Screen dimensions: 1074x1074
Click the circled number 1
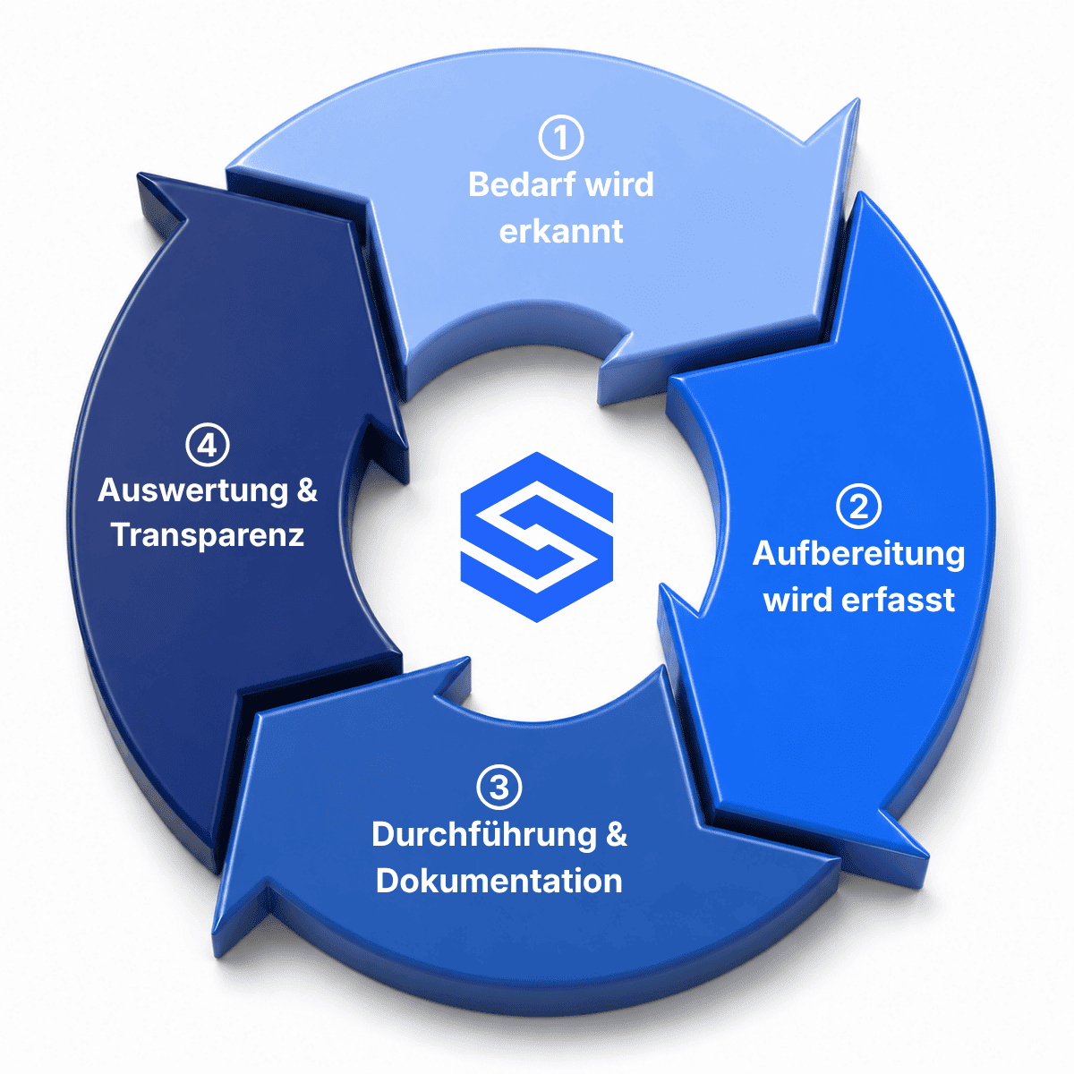560,137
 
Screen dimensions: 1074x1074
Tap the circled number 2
859,506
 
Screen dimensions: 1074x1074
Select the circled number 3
499,787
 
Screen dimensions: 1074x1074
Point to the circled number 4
208,444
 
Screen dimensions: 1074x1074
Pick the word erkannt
560,231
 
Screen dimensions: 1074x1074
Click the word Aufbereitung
858,555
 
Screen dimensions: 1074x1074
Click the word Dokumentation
499,882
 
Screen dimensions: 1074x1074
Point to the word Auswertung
192,491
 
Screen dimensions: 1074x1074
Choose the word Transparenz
208,535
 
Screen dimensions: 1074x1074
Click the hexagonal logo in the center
537,537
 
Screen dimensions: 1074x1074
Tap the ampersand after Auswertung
307,490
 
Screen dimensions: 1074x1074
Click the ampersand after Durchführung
616,834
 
